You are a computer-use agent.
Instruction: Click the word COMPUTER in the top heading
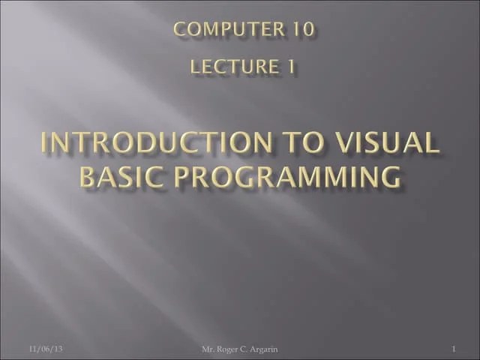(x=227, y=29)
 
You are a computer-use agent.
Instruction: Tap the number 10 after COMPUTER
(x=301, y=29)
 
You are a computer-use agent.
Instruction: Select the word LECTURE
(x=233, y=67)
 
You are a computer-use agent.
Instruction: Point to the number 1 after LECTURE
(x=289, y=67)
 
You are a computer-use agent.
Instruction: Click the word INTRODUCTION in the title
(x=152, y=143)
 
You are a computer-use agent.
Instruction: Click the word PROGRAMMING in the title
(x=294, y=178)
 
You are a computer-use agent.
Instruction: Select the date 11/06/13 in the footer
(x=46, y=349)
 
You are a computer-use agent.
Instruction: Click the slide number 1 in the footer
(x=454, y=349)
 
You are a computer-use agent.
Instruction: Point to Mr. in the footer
(x=211, y=349)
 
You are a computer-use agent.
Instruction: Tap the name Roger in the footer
(x=233, y=349)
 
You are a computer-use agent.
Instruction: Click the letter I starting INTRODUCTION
(x=43, y=143)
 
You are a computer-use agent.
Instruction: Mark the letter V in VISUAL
(x=344, y=143)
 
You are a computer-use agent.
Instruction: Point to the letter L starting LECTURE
(x=196, y=67)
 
